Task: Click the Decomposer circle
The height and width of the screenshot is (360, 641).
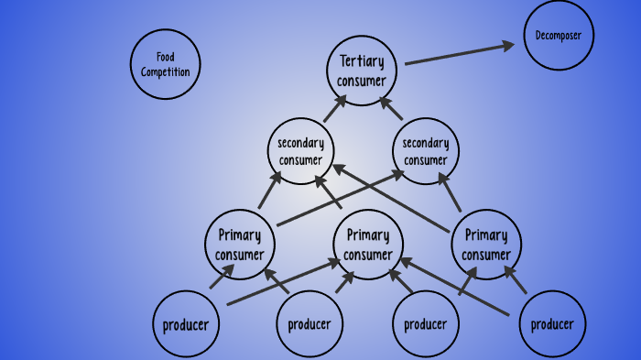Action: click(x=559, y=37)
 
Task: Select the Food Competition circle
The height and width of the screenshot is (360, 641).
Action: click(x=166, y=64)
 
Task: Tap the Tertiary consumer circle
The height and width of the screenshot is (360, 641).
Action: click(x=362, y=71)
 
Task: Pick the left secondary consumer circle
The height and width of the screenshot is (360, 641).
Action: click(x=300, y=151)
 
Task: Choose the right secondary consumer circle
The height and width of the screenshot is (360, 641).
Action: click(x=426, y=151)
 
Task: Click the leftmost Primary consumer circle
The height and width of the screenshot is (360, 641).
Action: click(x=240, y=245)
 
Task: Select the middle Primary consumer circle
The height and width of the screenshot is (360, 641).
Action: click(x=368, y=245)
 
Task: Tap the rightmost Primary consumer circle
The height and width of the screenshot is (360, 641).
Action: click(x=485, y=245)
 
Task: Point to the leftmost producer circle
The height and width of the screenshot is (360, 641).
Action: click(x=186, y=324)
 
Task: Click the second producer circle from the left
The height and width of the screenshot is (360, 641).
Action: click(x=310, y=324)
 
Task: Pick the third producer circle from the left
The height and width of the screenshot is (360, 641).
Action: click(x=425, y=324)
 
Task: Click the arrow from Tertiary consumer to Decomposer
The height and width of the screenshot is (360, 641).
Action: click(x=458, y=53)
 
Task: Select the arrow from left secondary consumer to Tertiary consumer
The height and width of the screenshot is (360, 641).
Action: click(x=334, y=108)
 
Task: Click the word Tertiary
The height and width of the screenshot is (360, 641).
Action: click(x=362, y=61)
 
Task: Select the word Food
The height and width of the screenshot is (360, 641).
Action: click(x=166, y=57)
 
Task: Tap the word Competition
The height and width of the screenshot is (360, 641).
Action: click(x=166, y=71)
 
